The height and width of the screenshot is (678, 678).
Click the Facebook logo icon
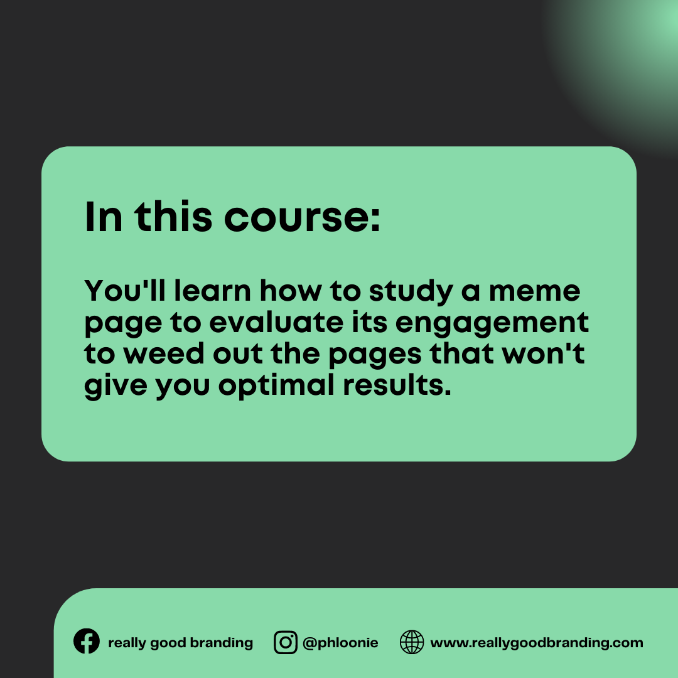[87, 641]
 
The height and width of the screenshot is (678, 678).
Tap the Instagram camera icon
[286, 642]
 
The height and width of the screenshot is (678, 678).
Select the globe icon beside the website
[412, 642]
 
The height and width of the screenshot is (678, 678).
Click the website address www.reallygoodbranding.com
[537, 643]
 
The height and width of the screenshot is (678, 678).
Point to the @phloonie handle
[340, 643]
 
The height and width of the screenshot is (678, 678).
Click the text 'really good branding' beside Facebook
[180, 643]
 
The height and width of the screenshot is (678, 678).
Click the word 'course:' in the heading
[302, 217]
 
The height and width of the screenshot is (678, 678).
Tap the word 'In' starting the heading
[104, 217]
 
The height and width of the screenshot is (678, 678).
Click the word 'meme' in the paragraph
[534, 291]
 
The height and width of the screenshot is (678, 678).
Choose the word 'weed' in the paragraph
[163, 353]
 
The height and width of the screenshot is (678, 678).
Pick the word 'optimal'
[276, 386]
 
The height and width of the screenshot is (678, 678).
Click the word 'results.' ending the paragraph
[397, 385]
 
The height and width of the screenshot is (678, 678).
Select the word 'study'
[411, 292]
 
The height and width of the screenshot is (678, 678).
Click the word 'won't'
[543, 353]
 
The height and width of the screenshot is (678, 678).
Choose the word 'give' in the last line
[116, 386]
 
